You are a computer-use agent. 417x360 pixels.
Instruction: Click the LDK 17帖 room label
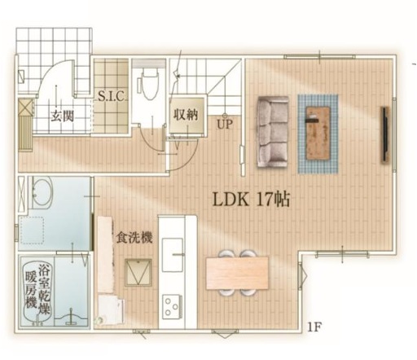251,200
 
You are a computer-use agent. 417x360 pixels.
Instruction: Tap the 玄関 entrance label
63,116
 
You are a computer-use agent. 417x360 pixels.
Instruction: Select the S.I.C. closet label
112,96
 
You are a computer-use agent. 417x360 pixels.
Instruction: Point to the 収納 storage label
186,115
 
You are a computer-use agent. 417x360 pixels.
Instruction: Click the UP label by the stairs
225,125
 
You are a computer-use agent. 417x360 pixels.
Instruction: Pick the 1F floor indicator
314,327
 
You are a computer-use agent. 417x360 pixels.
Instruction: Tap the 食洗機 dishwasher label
134,238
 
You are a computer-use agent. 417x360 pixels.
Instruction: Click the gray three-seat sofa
273,131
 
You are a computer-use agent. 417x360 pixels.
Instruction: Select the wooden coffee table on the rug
318,133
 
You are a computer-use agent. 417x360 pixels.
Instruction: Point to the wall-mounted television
385,135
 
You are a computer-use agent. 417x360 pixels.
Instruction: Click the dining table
237,273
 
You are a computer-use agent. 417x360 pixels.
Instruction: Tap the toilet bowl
150,83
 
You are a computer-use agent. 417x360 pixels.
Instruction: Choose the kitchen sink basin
173,255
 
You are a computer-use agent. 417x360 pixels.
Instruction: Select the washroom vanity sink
42,192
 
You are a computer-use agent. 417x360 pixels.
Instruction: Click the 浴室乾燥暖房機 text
38,290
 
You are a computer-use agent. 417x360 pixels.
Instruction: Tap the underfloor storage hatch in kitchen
138,272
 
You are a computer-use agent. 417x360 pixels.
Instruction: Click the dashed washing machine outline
33,230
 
